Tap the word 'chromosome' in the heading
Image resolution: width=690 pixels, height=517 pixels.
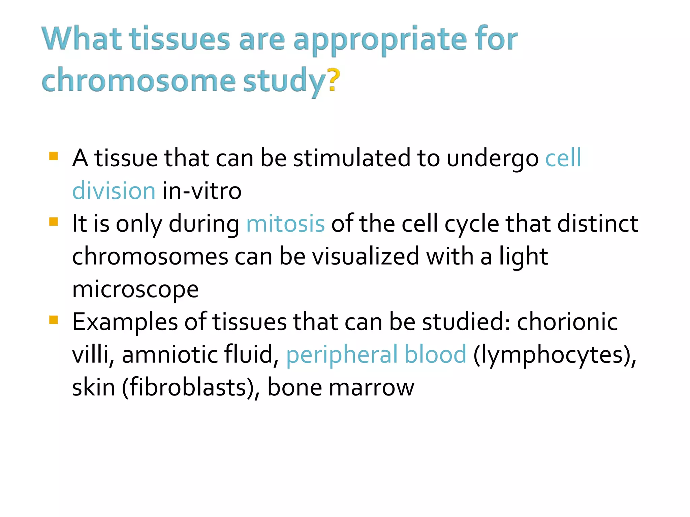(x=138, y=81)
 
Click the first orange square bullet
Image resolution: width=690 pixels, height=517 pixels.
(x=54, y=156)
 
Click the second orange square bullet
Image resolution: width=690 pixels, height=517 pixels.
(x=54, y=222)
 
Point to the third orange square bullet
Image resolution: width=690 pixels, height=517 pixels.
(x=54, y=320)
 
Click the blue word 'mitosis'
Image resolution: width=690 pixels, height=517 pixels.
(x=285, y=223)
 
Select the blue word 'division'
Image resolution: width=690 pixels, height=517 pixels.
(x=114, y=191)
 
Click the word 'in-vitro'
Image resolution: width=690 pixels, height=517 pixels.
(x=202, y=191)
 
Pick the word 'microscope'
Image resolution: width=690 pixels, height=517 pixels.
(x=135, y=289)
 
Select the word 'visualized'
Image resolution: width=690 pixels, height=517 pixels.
(x=366, y=256)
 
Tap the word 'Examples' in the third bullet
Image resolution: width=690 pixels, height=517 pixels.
(x=125, y=322)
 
